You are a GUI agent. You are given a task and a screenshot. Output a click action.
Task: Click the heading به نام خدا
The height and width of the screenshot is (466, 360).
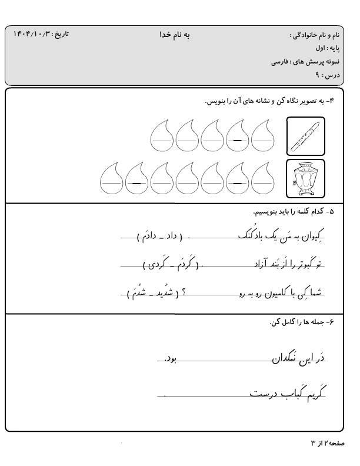175,35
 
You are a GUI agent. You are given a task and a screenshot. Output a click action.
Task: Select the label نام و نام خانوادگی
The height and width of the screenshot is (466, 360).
315,35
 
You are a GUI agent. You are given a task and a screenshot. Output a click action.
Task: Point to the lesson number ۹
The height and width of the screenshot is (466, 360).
318,75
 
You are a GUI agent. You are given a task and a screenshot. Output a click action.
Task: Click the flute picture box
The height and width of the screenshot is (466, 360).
305,137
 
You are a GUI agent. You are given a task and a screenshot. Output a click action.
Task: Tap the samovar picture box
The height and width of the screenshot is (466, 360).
305,178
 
